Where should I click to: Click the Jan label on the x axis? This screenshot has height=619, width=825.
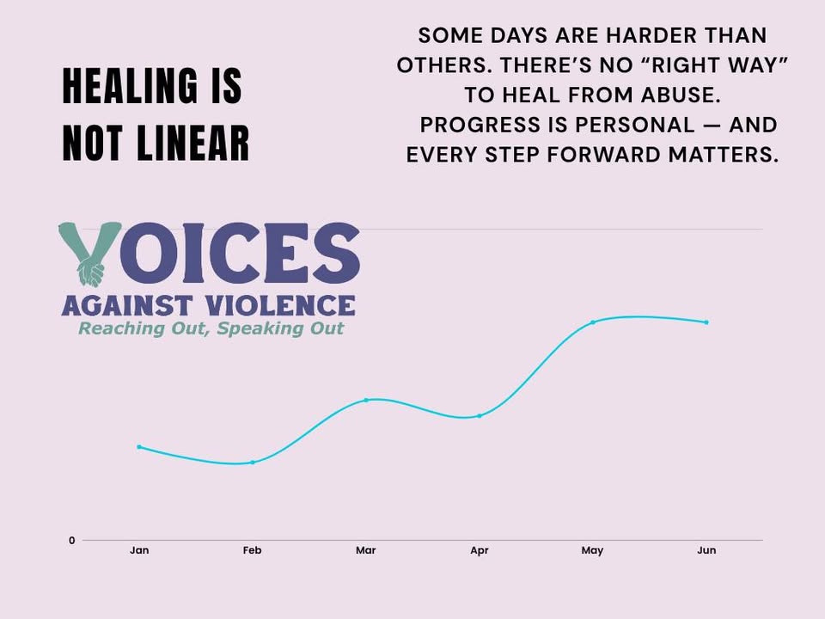[x=139, y=550]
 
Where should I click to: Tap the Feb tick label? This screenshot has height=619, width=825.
[x=252, y=550]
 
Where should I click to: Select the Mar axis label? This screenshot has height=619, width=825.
[x=366, y=550]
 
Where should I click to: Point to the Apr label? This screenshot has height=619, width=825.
[x=480, y=550]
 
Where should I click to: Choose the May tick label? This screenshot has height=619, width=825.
[x=592, y=550]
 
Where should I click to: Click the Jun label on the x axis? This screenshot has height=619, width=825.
[x=706, y=550]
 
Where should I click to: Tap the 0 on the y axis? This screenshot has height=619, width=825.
[x=72, y=540]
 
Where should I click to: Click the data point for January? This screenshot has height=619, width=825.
[x=139, y=447]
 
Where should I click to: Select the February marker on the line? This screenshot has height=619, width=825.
[x=253, y=463]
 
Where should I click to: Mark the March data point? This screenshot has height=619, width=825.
[x=366, y=400]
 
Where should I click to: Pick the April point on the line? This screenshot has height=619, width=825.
[x=480, y=416]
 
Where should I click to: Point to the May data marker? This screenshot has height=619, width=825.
[x=593, y=322]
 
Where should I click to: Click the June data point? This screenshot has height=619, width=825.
[x=706, y=322]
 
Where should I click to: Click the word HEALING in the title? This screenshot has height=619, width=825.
[x=131, y=86]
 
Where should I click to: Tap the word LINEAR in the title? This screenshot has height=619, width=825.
[x=192, y=143]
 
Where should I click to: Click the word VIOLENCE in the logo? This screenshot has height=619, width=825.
[x=280, y=306]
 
